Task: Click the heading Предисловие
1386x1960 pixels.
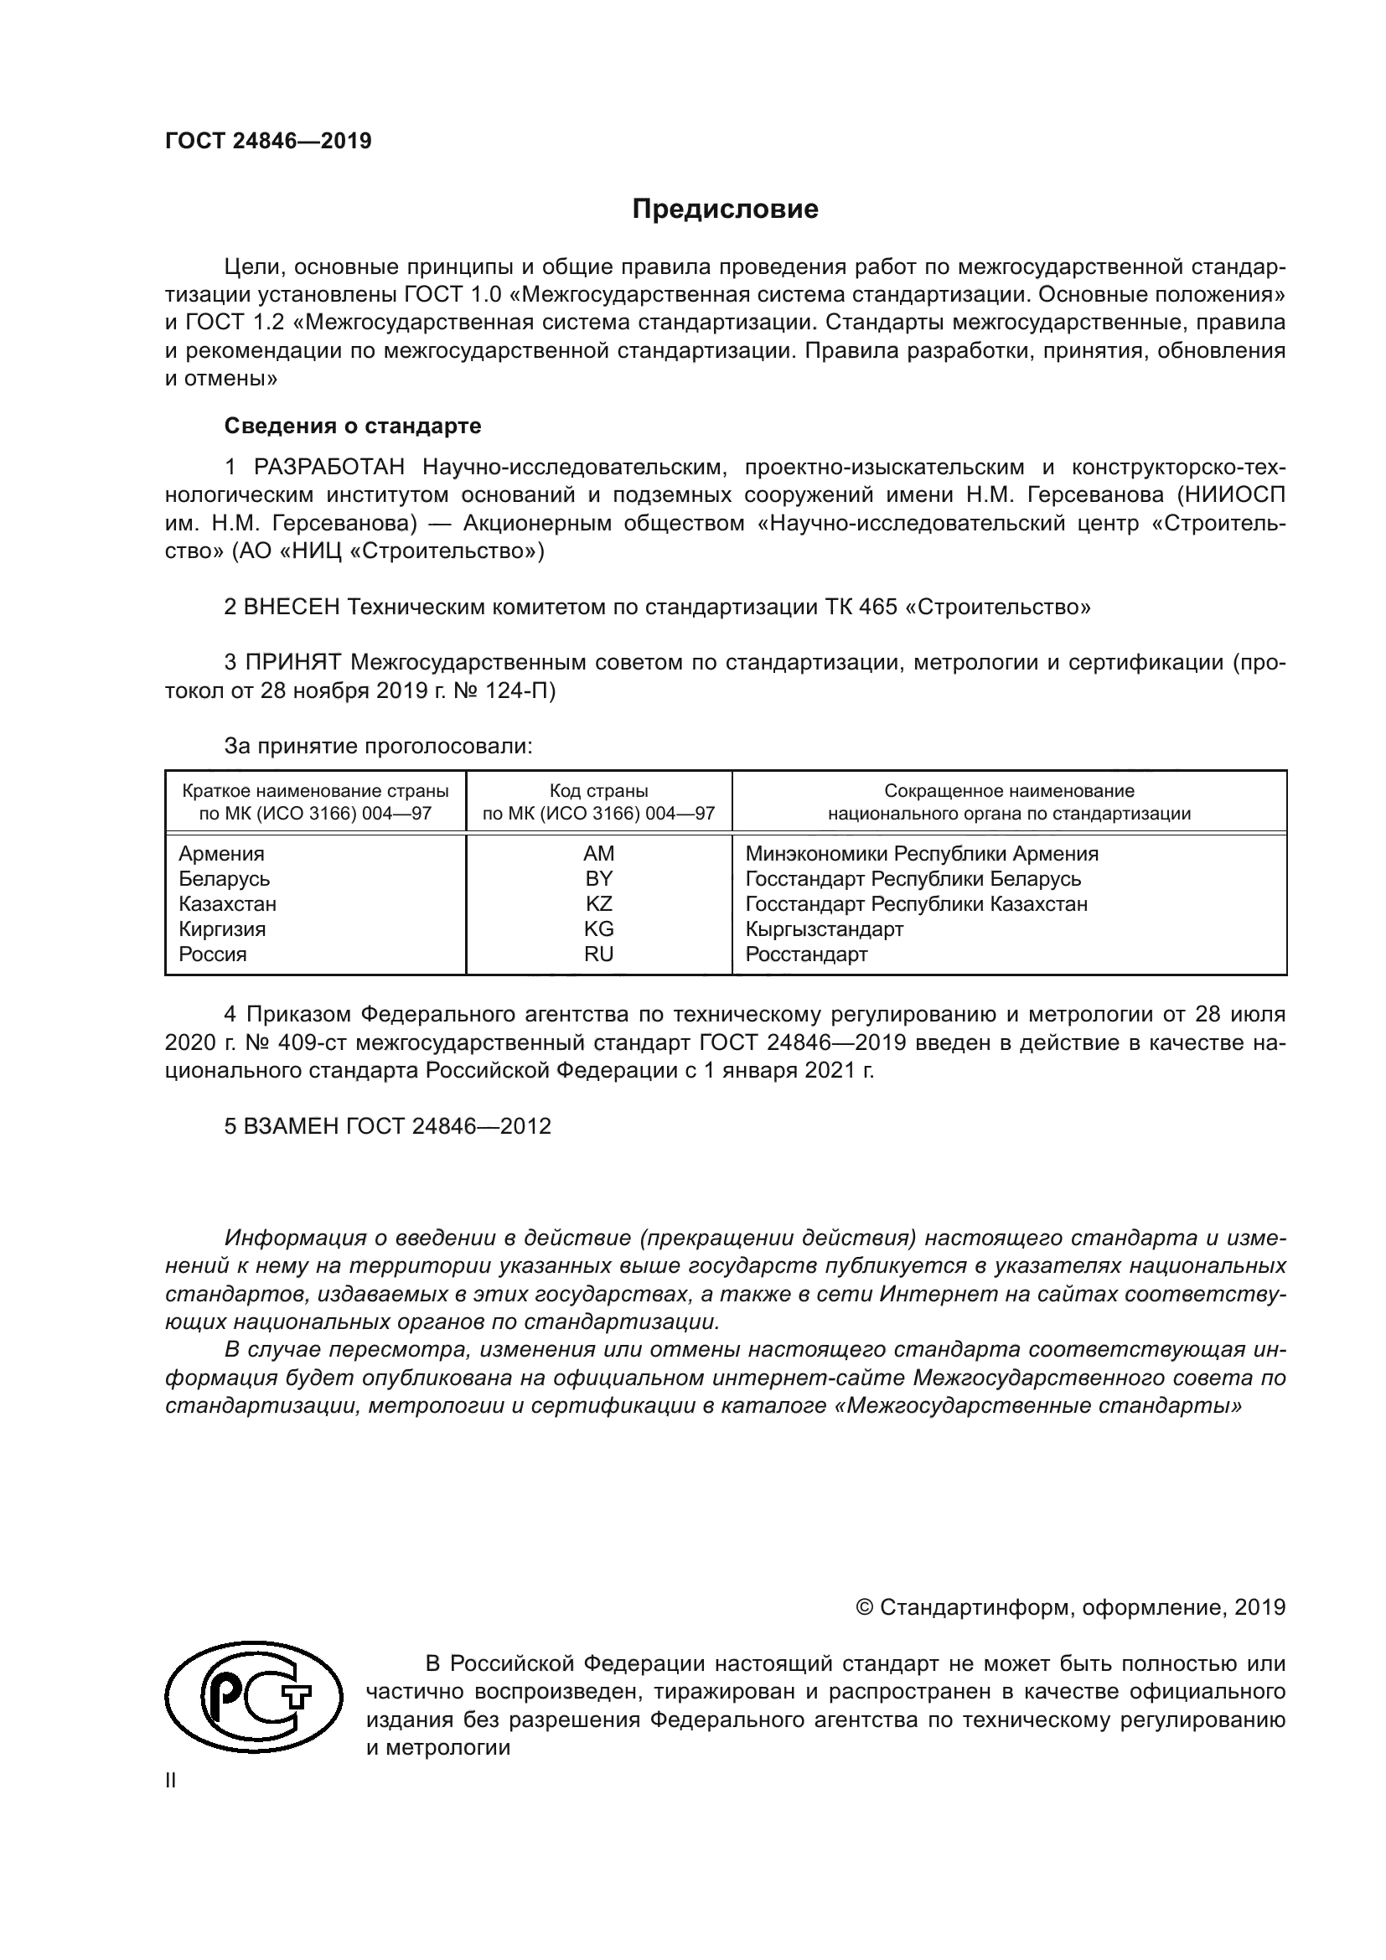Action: point(725,209)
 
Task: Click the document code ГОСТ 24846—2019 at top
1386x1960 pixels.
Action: point(268,141)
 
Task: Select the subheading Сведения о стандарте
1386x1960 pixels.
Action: point(353,425)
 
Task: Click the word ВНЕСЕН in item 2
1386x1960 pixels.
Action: point(292,607)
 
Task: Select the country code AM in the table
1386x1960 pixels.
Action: point(598,854)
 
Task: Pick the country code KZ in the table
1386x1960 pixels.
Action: point(598,903)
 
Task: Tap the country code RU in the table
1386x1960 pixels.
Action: point(598,954)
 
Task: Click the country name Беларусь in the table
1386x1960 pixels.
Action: point(225,878)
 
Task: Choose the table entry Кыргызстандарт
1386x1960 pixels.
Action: point(824,928)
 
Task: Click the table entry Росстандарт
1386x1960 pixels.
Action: point(805,954)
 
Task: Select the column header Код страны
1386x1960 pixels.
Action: point(598,790)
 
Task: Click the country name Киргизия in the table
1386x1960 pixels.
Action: point(222,928)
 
